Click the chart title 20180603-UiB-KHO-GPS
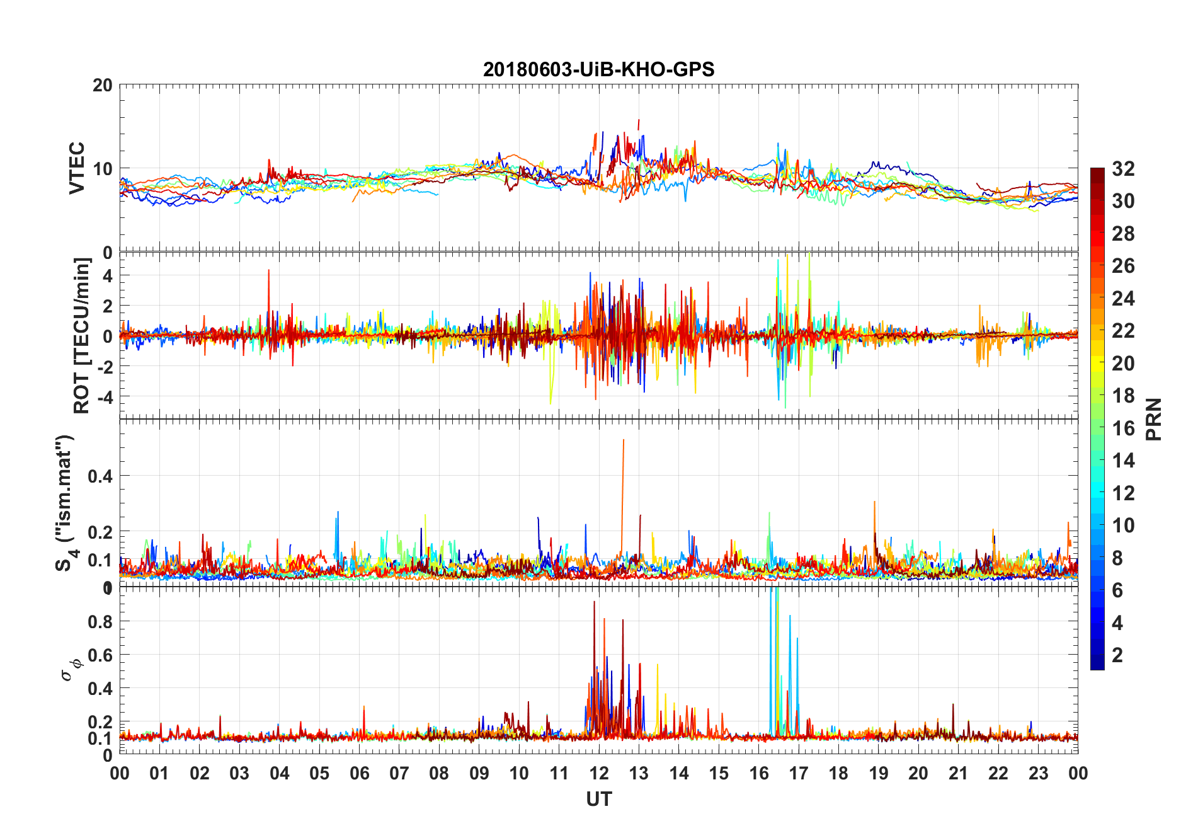coord(598,69)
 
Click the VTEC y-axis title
coord(76,168)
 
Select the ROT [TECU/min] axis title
coord(82,335)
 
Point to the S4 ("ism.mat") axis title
coord(66,503)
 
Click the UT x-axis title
coord(598,800)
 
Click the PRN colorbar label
coord(1153,419)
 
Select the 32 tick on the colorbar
coord(1123,169)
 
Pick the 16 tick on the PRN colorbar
coord(1123,428)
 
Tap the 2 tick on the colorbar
coord(1117,655)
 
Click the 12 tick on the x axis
coord(599,774)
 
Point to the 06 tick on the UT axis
coord(359,774)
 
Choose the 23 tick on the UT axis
coord(1038,774)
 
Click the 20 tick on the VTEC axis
coord(103,85)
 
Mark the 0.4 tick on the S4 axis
coord(101,476)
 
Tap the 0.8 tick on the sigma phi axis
coord(101,621)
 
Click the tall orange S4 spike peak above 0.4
coord(624,440)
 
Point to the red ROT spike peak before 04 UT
coord(269,270)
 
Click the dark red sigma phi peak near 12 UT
coord(594,602)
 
